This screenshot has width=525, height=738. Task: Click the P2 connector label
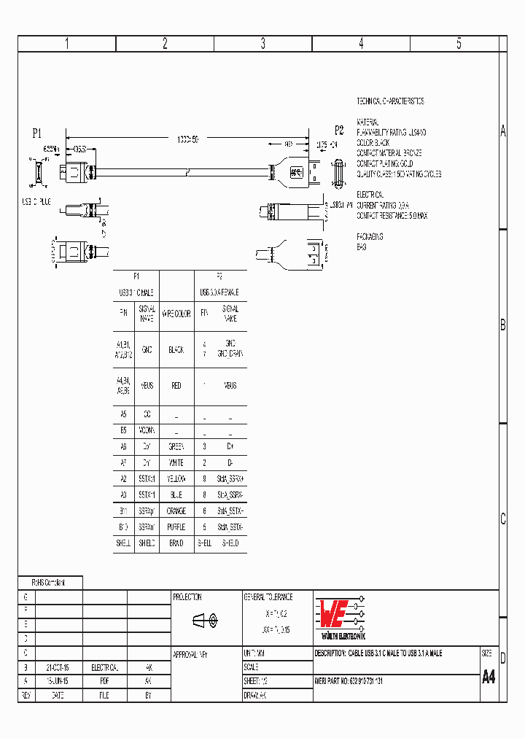pyautogui.click(x=338, y=131)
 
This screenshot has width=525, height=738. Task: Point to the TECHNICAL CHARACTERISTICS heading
pyautogui.click(x=389, y=101)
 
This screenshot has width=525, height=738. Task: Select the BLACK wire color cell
pyautogui.click(x=176, y=350)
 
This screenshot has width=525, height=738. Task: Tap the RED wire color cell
pyautogui.click(x=176, y=386)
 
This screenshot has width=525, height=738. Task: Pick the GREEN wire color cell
pyautogui.click(x=176, y=446)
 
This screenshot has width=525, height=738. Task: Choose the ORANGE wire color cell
pyautogui.click(x=176, y=511)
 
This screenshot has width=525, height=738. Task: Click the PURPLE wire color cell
pyautogui.click(x=176, y=527)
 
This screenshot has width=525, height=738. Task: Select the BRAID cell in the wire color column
pyautogui.click(x=176, y=543)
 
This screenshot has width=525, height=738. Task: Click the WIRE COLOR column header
pyautogui.click(x=176, y=314)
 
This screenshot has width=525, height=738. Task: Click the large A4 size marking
pyautogui.click(x=489, y=677)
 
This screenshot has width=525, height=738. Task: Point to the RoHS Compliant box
pyautogui.click(x=50, y=583)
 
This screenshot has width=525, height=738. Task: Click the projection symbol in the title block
pyautogui.click(x=205, y=621)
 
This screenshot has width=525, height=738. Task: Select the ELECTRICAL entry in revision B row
pyautogui.click(x=104, y=667)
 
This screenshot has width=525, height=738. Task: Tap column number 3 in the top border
pyautogui.click(x=262, y=44)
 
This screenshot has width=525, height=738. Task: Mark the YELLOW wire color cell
pyautogui.click(x=176, y=479)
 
